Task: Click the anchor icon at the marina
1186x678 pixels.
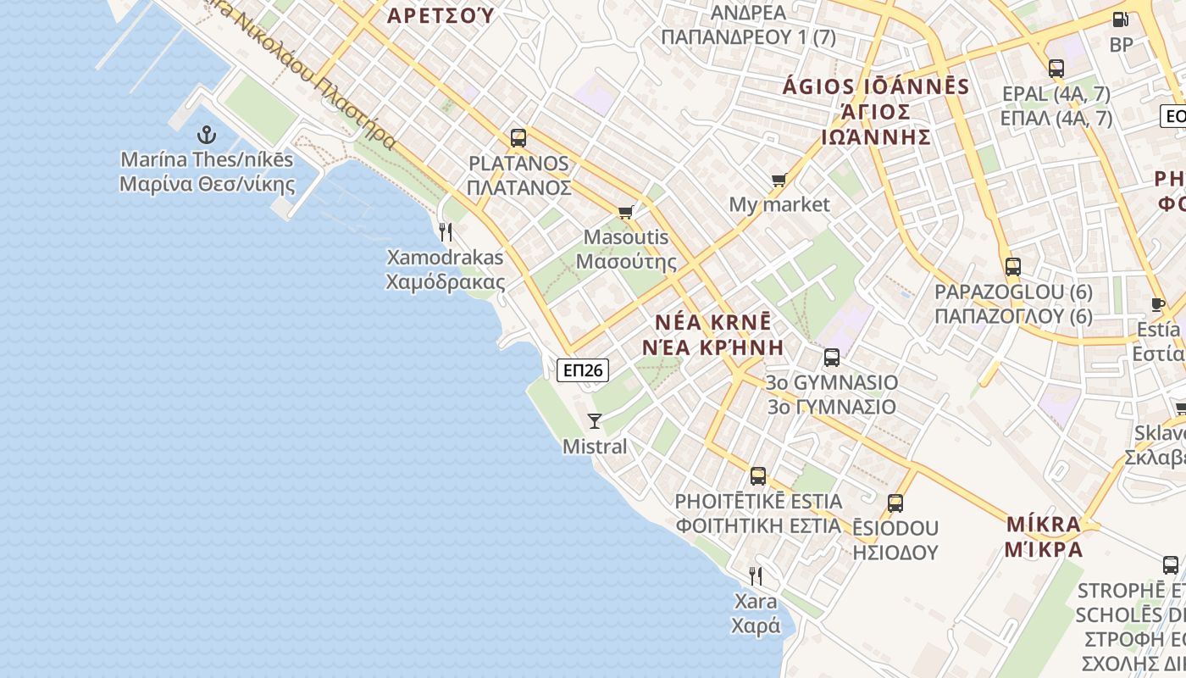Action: (206, 134)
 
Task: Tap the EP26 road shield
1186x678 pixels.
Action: (583, 370)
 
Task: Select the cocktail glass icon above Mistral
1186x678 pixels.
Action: (595, 420)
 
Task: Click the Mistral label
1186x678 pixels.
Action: (595, 447)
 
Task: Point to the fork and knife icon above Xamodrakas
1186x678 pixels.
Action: (446, 231)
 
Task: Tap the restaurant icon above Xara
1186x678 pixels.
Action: (756, 576)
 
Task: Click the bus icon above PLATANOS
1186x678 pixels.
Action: (518, 137)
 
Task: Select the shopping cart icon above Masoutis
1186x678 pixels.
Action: (626, 212)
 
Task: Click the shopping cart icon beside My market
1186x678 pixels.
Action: (779, 180)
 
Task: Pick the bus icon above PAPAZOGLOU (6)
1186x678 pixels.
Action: (1012, 267)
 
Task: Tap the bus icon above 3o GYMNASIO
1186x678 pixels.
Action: (831, 358)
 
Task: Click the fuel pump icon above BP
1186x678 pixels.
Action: (1120, 19)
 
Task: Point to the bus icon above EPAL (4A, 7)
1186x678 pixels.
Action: (1056, 69)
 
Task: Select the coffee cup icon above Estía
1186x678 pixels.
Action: (1158, 304)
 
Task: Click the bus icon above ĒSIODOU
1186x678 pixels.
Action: (895, 503)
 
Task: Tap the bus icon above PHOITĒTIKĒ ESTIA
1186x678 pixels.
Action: (758, 476)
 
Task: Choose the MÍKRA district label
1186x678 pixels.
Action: (1044, 524)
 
